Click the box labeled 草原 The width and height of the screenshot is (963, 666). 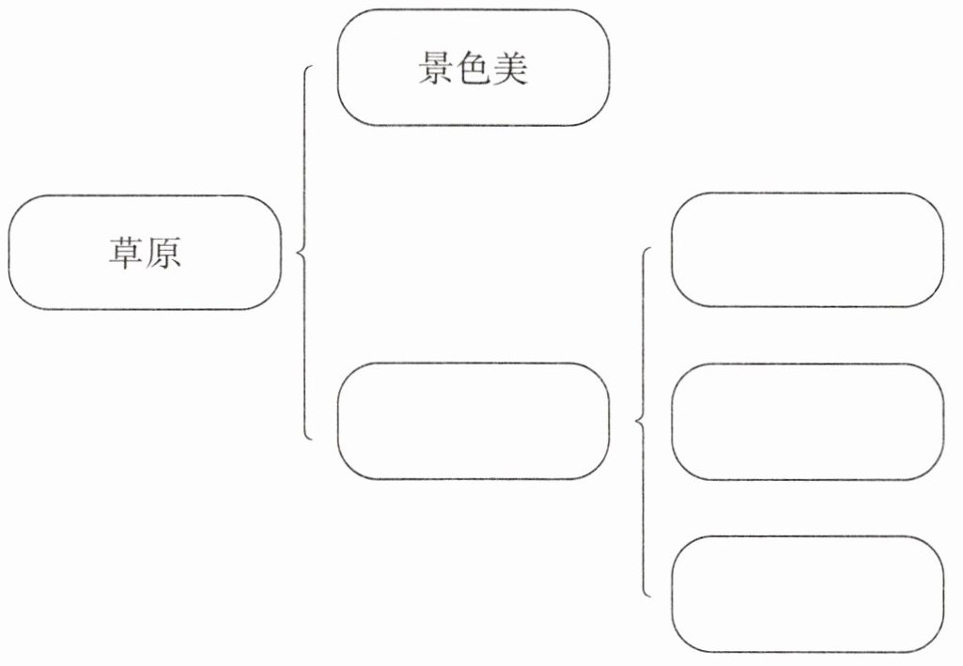pyautogui.click(x=145, y=253)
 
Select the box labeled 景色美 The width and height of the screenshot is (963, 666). pyautogui.click(x=473, y=69)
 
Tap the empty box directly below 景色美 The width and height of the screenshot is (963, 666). pyautogui.click(x=473, y=421)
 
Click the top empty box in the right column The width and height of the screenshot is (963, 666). pyautogui.click(x=807, y=250)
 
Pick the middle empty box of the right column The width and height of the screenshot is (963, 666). pyautogui.click(x=807, y=422)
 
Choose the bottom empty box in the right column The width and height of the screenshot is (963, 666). pyautogui.click(x=807, y=594)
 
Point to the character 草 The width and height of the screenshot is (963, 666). pyautogui.click(x=125, y=254)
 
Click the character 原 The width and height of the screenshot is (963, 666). pyautogui.click(x=163, y=254)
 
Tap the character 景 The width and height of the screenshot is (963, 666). pyautogui.click(x=435, y=68)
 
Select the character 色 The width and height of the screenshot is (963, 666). pyautogui.click(x=473, y=68)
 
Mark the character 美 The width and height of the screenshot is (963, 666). pyautogui.click(x=510, y=68)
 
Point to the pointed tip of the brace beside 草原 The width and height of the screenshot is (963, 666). pyautogui.click(x=297, y=252)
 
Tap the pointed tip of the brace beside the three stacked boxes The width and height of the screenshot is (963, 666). pyautogui.click(x=637, y=422)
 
